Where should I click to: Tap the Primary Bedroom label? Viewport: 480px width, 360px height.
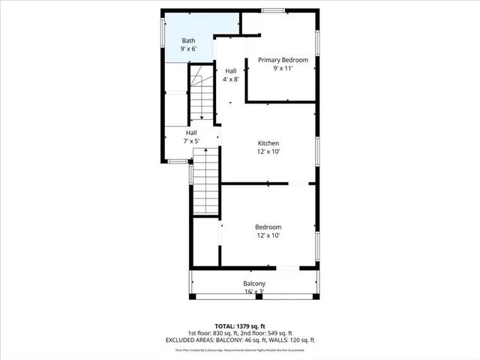pos(283,60)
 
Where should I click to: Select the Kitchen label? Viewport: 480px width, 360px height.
pos(268,143)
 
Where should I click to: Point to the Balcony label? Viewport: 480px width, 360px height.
pos(253,283)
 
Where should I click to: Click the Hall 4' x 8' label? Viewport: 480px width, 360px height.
pos(231,71)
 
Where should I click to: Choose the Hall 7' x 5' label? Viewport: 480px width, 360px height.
pos(191,133)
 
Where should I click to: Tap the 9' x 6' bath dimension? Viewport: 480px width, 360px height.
pos(187,49)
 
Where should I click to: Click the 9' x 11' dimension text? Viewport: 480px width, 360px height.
pos(283,68)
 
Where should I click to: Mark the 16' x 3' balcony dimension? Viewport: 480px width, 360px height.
pos(253,292)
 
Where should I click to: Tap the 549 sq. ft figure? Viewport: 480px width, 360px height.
pos(278,334)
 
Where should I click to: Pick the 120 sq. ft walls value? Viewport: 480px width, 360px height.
pos(301,340)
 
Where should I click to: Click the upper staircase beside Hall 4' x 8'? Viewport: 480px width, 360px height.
pos(201,94)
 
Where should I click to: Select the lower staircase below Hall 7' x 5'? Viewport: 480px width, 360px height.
pos(205,181)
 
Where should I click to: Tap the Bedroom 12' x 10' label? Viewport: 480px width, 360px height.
pos(268,227)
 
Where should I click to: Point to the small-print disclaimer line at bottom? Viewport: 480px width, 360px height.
pos(240,349)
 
